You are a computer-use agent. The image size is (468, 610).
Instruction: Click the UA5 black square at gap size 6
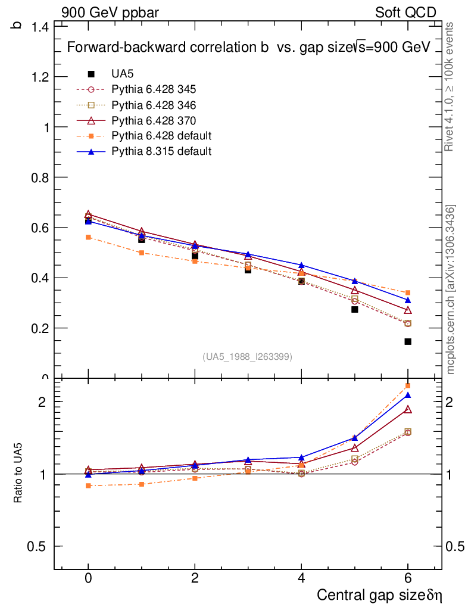408,341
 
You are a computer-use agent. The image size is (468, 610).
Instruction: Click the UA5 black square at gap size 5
355,309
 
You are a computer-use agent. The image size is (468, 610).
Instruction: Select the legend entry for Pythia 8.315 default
161,151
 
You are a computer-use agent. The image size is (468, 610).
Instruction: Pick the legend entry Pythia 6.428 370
154,120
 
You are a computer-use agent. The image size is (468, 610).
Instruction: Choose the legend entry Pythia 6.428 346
154,105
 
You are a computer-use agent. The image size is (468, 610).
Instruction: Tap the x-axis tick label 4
301,578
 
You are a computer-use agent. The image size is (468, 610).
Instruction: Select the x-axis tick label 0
88,578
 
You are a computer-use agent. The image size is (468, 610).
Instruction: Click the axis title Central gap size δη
379,595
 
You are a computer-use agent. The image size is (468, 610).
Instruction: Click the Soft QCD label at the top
405,13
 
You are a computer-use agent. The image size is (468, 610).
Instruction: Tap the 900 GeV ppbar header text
110,13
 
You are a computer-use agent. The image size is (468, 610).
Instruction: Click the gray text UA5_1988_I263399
248,356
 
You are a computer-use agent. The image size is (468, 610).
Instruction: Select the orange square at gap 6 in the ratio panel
408,386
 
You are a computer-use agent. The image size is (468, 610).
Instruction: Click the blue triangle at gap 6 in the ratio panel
408,395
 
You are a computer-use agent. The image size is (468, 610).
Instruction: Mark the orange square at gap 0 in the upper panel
88,237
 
